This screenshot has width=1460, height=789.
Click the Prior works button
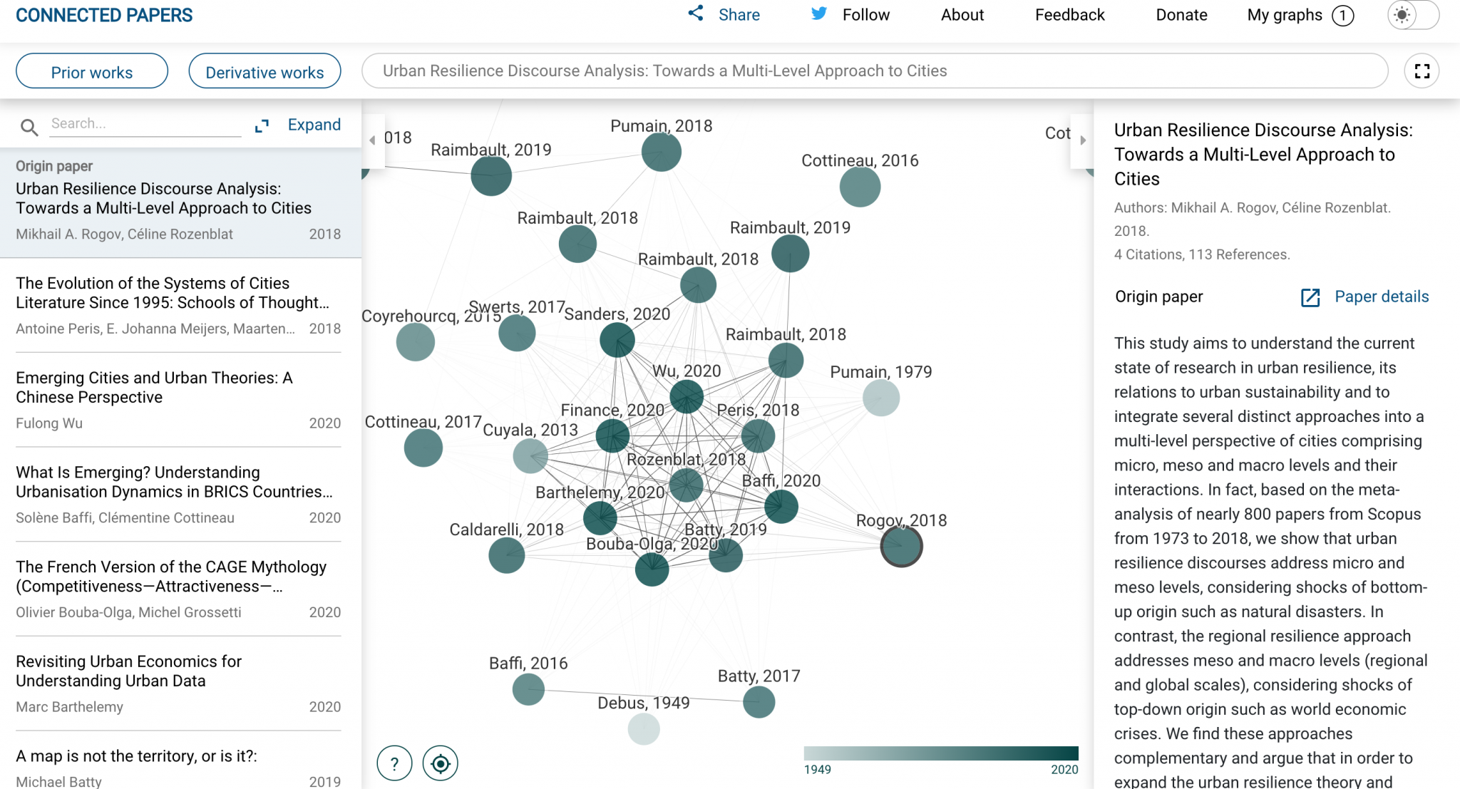click(92, 72)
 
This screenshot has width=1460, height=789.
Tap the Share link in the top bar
click(724, 15)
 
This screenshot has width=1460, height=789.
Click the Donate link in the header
click(1181, 15)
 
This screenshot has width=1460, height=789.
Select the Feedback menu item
click(1069, 15)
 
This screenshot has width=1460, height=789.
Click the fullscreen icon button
click(1422, 71)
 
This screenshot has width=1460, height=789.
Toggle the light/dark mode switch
click(1412, 15)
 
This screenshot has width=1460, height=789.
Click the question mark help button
click(394, 763)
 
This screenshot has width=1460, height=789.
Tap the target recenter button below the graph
click(441, 763)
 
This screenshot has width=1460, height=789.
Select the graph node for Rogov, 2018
click(901, 547)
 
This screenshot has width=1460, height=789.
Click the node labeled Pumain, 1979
click(881, 398)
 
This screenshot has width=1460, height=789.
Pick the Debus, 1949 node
click(644, 729)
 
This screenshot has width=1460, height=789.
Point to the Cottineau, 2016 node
click(860, 187)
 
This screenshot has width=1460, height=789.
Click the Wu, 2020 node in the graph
click(687, 396)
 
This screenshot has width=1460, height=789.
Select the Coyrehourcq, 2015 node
click(416, 342)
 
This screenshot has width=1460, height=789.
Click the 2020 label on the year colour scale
click(1064, 770)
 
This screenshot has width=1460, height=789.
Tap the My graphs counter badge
click(1342, 16)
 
